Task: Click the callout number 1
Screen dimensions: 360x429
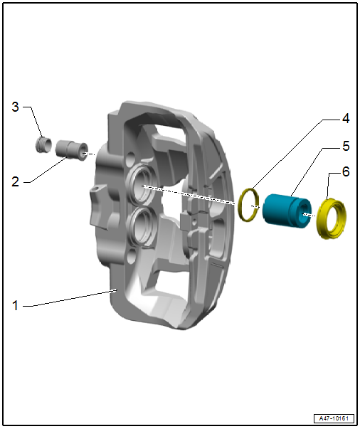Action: coord(16,305)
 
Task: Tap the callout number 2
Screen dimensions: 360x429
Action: coord(16,181)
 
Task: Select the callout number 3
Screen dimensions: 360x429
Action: coord(16,107)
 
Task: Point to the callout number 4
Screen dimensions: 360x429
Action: coord(346,119)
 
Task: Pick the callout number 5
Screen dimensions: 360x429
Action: coord(346,146)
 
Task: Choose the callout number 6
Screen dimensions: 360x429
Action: coord(346,172)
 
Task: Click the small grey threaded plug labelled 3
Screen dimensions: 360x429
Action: coord(44,144)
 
